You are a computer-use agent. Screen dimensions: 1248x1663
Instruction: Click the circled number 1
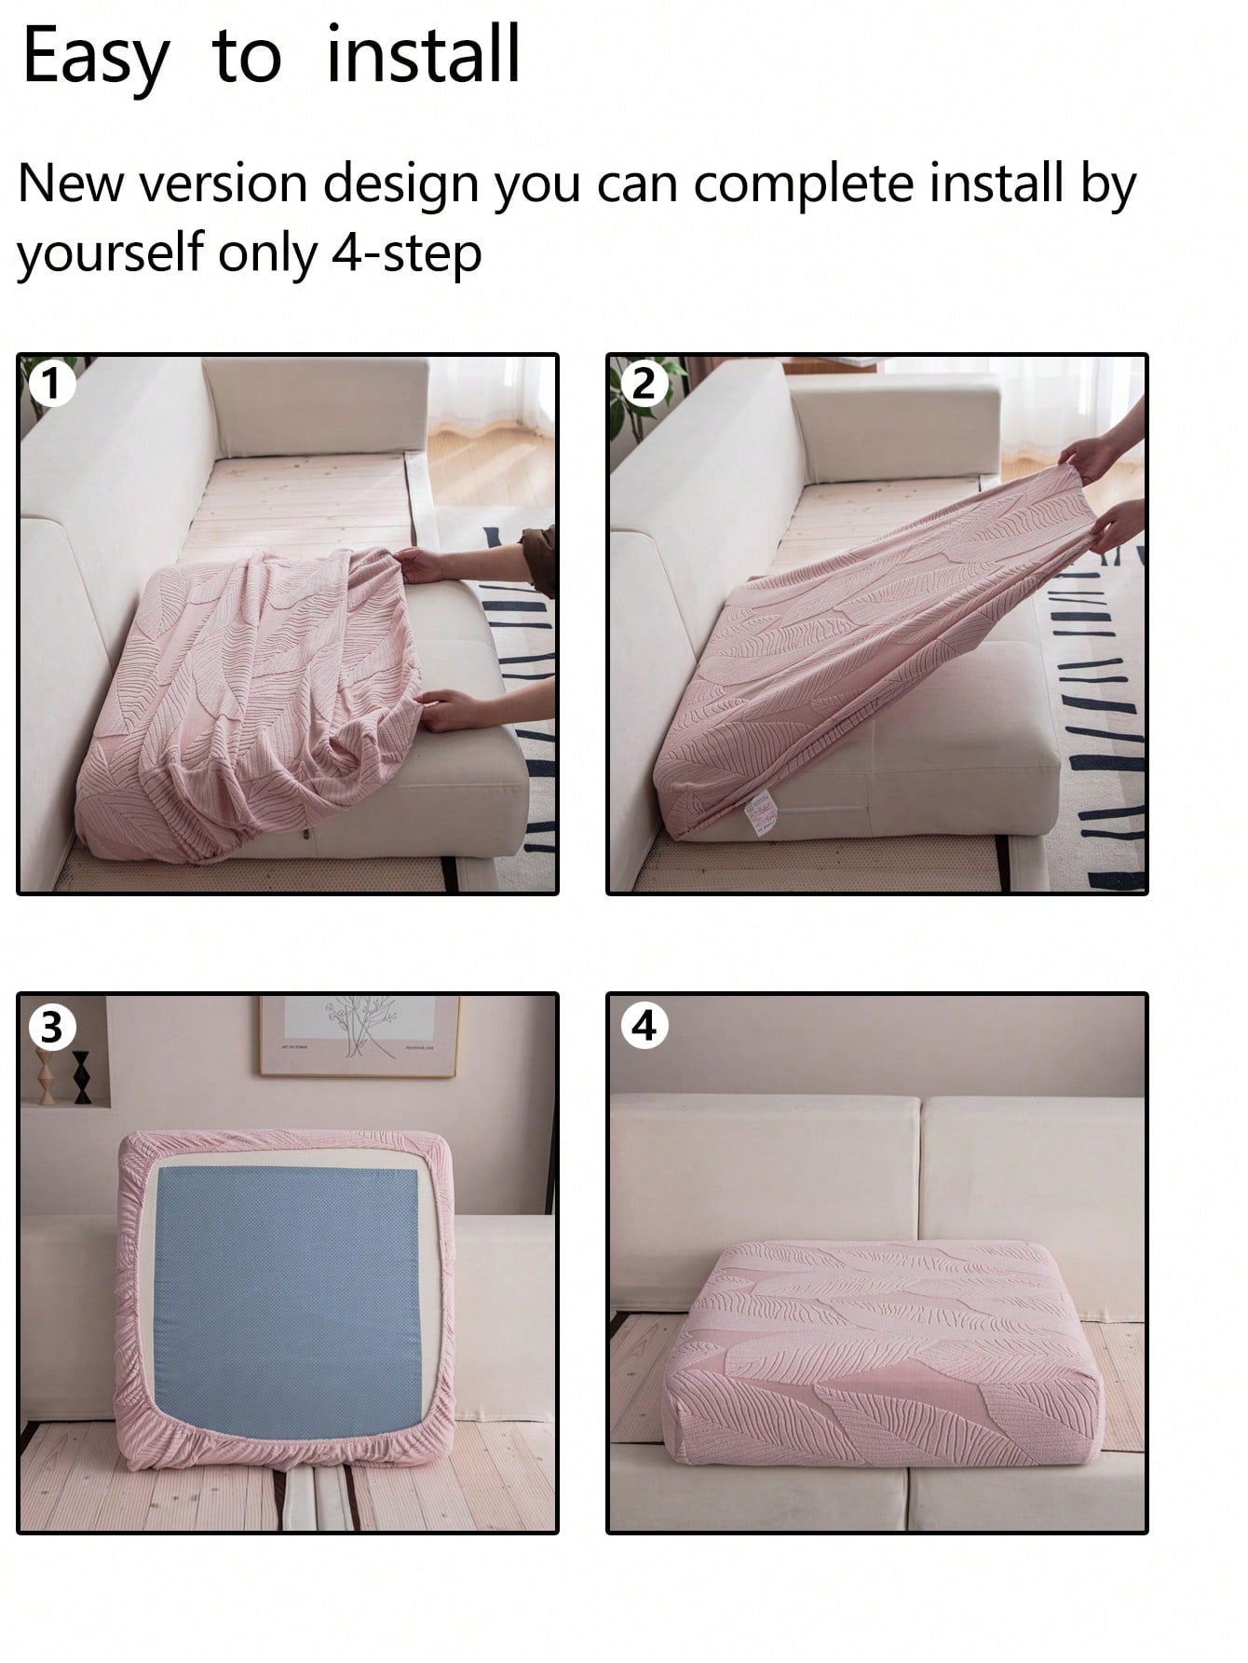point(52,384)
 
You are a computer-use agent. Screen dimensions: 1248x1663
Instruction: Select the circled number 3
point(52,1028)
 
